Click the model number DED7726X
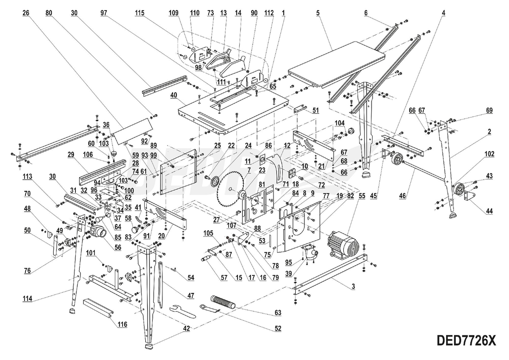(466, 341)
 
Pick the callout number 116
(122, 325)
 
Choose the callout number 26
(26, 13)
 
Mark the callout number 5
(318, 13)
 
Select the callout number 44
(490, 211)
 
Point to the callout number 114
(27, 299)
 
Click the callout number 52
(278, 329)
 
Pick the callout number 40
(174, 96)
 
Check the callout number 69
(489, 111)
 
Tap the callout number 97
(105, 13)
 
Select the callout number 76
(27, 271)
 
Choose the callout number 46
(403, 196)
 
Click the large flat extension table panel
(337, 65)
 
